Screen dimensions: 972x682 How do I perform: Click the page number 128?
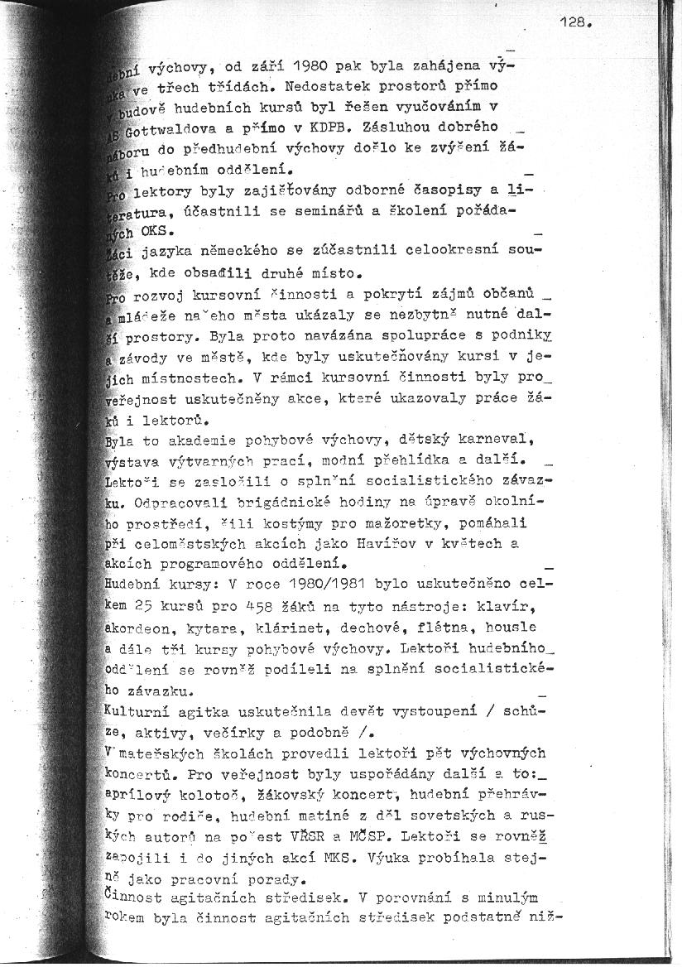point(574,24)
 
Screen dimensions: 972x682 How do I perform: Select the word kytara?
point(218,628)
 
